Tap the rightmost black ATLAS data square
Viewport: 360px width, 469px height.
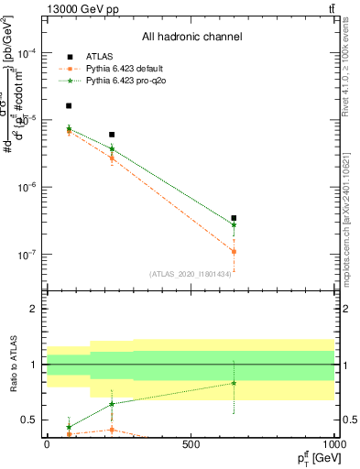pos(234,218)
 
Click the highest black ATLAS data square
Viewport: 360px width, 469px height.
pos(69,106)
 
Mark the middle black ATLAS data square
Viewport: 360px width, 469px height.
pos(112,135)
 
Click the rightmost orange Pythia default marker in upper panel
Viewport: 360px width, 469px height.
pos(234,251)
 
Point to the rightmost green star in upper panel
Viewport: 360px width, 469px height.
pos(234,224)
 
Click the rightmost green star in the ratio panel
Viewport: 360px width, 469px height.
pos(234,383)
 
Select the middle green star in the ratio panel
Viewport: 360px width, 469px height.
pos(112,404)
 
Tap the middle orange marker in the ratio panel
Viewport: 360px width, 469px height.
pos(112,430)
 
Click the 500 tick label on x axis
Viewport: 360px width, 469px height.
pos(191,444)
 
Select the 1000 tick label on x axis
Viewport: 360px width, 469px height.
pos(333,444)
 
